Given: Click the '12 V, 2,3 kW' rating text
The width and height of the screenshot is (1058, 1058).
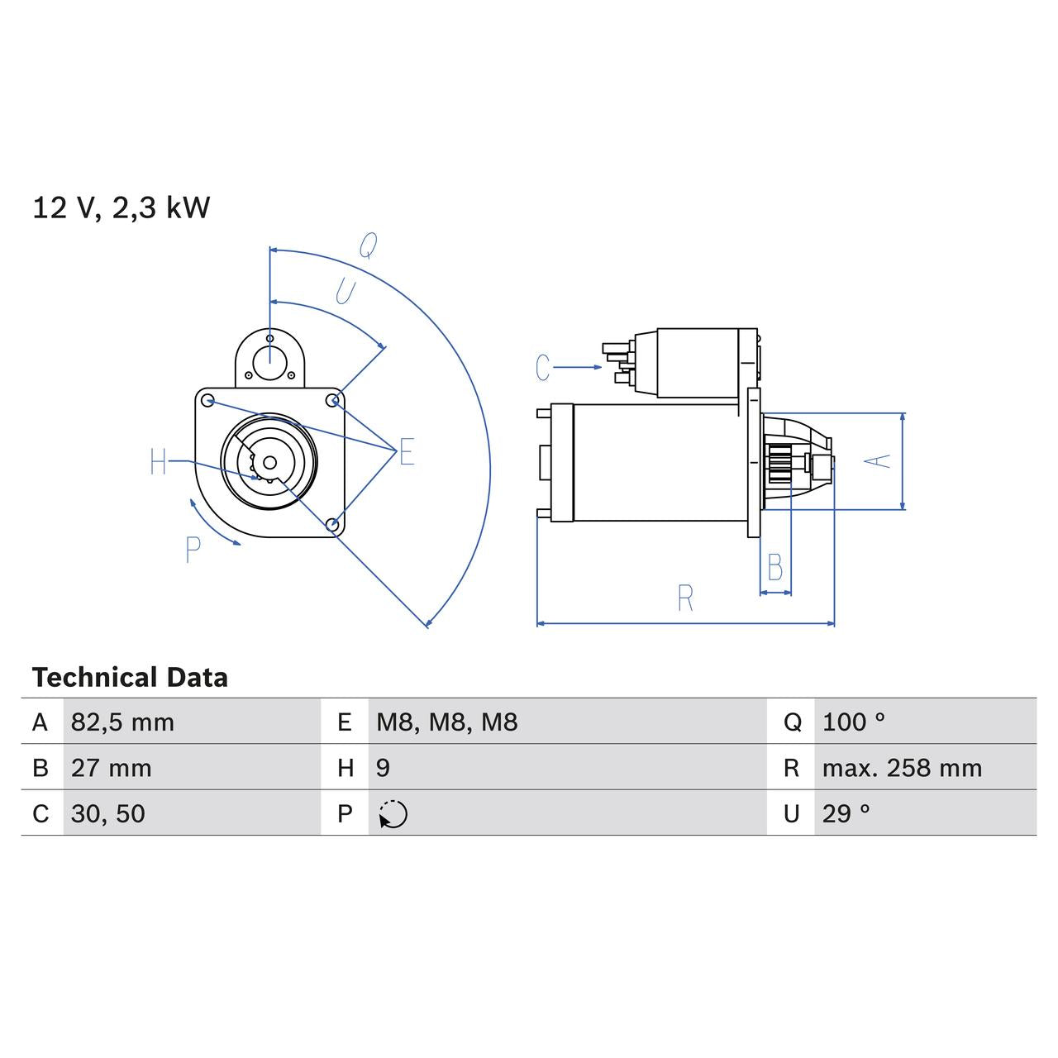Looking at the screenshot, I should coord(122,207).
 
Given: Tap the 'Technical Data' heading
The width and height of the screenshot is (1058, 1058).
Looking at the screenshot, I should coord(130,678).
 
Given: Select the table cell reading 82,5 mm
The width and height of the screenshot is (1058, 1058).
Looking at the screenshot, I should coord(122,722).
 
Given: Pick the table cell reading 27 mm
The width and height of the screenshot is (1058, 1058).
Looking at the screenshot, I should coord(111,768).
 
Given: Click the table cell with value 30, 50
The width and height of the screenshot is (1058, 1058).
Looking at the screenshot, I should coord(107,813).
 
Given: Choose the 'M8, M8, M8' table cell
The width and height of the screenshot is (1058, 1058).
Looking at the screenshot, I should coord(446,722).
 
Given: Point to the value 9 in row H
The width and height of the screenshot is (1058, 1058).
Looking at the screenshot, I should coord(383,768).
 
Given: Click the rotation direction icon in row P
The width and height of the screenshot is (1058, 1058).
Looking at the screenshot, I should coord(393,814).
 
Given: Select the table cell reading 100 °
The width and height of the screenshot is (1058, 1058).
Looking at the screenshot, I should coord(853,722).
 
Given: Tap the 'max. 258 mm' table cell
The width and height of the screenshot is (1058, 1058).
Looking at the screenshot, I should coord(902,768).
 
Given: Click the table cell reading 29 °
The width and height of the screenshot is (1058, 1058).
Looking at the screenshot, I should coord(846,813).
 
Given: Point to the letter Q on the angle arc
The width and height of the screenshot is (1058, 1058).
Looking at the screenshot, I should coord(369,245).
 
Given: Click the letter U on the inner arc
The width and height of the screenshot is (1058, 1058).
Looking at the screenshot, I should coord(345,292).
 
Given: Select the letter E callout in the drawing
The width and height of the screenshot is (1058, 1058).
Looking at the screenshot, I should coord(406,452).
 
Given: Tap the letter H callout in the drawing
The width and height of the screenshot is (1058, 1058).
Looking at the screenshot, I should coord(159,462).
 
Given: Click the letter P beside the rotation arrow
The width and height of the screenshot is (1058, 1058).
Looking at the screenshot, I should coord(193,550).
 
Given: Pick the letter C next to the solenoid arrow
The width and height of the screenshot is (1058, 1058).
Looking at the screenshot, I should coord(542,368).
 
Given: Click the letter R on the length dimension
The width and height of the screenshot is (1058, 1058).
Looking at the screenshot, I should coord(684,598).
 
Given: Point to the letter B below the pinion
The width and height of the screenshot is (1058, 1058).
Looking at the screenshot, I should coord(774,568).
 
